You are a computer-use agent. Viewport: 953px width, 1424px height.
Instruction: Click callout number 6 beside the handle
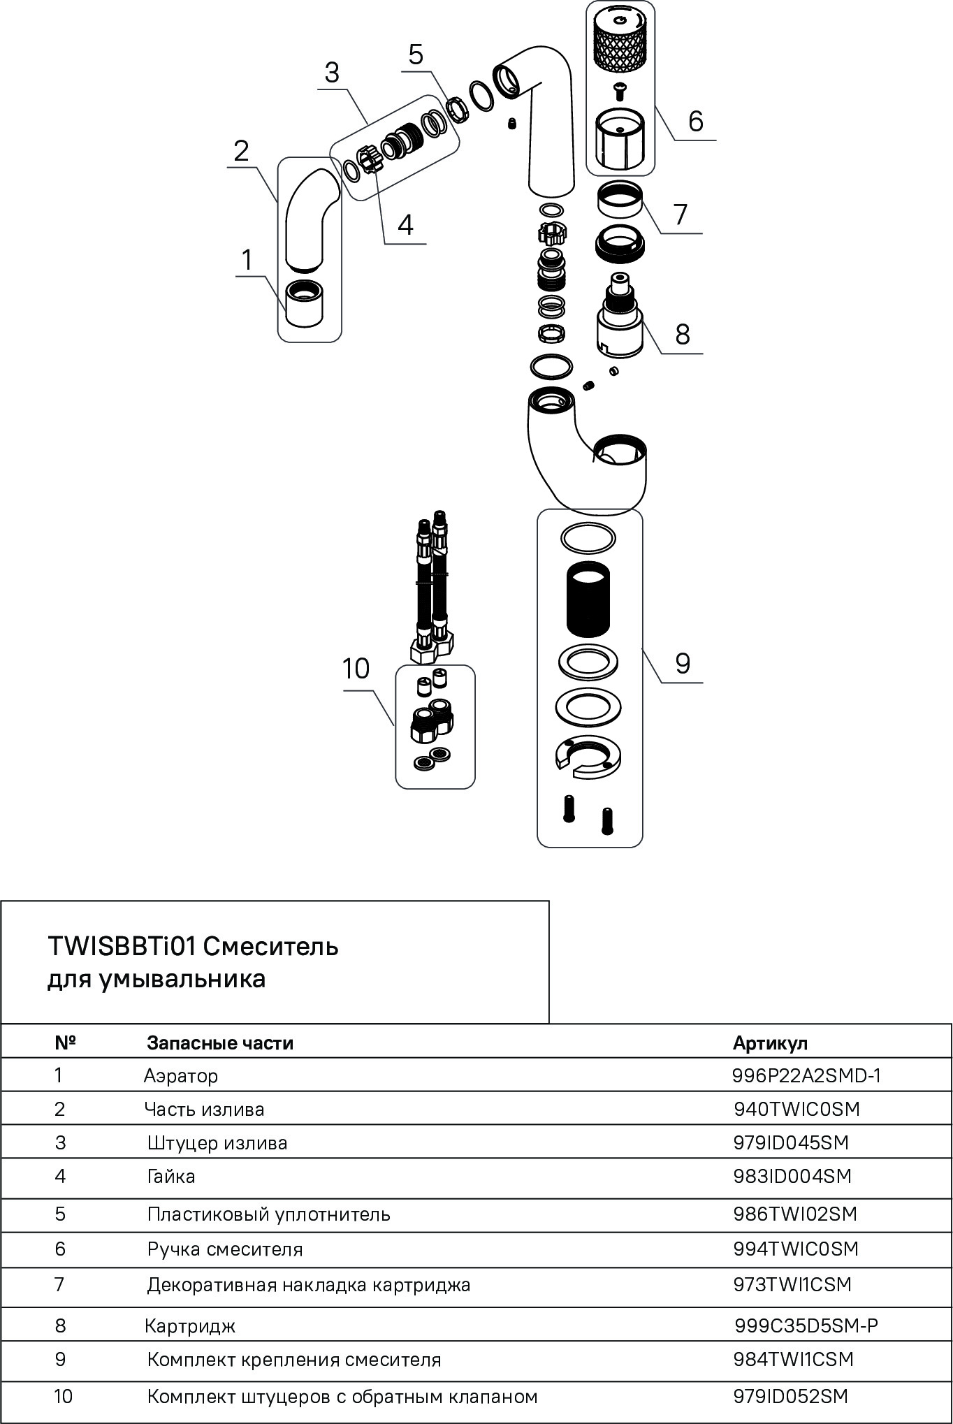pos(695,121)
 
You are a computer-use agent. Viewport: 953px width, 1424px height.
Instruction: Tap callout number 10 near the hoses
pos(356,669)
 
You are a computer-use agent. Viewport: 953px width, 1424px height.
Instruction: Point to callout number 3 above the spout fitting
pos(332,72)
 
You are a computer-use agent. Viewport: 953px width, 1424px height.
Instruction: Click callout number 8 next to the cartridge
pos(683,334)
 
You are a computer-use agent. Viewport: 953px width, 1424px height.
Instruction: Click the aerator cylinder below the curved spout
pos(305,302)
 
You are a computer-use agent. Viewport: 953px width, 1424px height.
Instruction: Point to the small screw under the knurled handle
pos(619,89)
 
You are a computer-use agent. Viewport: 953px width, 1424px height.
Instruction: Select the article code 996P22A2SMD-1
pos(806,1075)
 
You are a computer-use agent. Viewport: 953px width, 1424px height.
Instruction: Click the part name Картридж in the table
pos(190,1325)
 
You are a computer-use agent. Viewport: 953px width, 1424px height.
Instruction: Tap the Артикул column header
pos(770,1043)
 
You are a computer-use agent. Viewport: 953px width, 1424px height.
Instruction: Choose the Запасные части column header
pos(220,1043)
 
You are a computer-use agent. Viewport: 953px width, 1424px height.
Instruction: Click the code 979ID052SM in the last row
pos(790,1396)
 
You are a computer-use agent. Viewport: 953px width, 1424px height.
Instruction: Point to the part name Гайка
pos(171,1176)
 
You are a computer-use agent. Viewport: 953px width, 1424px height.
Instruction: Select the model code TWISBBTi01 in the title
pos(122,947)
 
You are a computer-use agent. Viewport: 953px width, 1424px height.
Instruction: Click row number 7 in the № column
pos(59,1284)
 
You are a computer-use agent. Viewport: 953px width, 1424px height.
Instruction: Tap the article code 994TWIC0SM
pos(796,1249)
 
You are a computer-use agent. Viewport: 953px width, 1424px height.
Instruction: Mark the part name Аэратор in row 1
pos(181,1075)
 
